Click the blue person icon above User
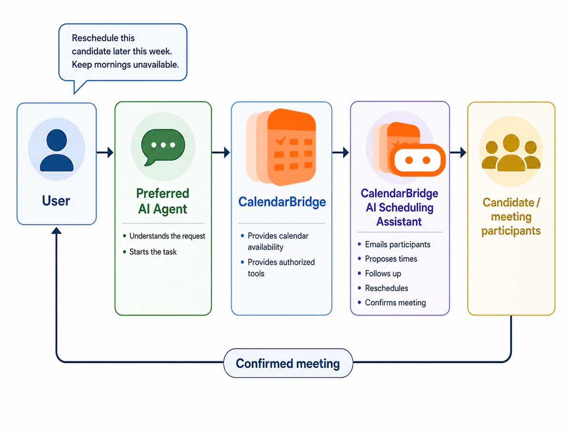57,150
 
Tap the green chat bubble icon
163,146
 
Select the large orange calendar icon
281,147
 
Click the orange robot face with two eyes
418,160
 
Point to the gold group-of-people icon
511,153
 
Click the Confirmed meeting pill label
288,363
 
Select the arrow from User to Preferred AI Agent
105,153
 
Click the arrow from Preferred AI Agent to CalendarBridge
221,153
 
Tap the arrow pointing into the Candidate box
458,153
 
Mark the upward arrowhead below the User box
56,231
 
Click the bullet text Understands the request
167,236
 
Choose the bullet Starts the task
153,252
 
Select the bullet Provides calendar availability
278,241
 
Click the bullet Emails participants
398,245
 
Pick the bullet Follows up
383,274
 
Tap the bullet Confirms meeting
395,303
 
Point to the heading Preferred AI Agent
163,201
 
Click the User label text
56,201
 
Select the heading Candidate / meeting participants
511,217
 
